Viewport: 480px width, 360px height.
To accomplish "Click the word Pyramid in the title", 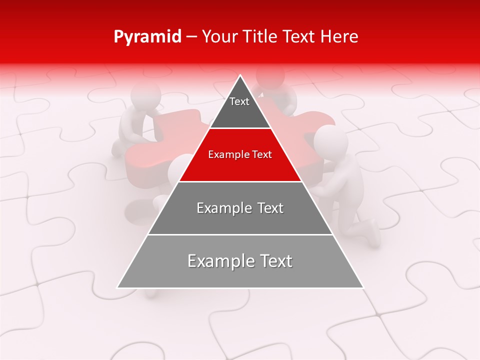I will click(147, 37).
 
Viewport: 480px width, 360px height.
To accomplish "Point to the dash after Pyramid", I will click(191, 37).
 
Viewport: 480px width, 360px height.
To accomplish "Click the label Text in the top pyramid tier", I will click(239, 101).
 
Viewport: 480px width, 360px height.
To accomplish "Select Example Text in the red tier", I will click(240, 154).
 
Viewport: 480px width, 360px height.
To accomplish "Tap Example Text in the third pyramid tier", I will click(240, 208).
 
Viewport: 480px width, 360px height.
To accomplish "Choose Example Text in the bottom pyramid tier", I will click(240, 261).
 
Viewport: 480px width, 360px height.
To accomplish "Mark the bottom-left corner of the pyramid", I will click(117, 287).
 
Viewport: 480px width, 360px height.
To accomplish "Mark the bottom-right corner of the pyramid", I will click(363, 287).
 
